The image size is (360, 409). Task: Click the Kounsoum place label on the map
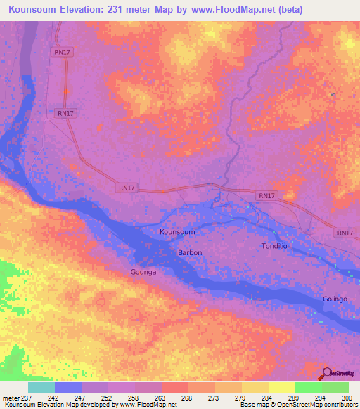click(x=177, y=231)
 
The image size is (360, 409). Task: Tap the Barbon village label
click(x=189, y=253)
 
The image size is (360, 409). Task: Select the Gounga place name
click(x=143, y=271)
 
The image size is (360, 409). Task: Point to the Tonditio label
click(x=276, y=246)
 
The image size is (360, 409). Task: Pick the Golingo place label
click(x=335, y=299)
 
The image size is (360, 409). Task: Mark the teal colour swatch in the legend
click(x=41, y=387)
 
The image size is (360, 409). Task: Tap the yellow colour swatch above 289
click(x=281, y=387)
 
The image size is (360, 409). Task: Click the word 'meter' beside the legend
click(x=12, y=397)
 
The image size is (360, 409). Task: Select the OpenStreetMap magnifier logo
click(x=327, y=373)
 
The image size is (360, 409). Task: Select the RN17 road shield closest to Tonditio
click(x=267, y=195)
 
